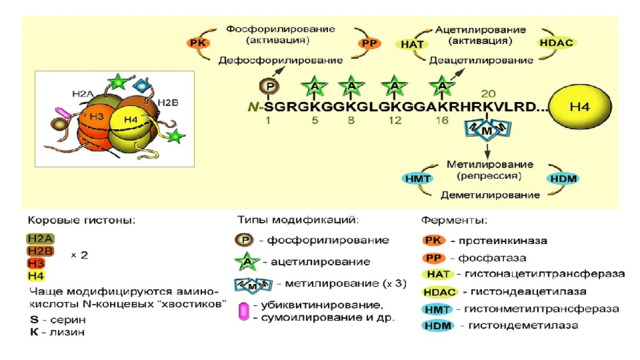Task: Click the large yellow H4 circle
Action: [580, 107]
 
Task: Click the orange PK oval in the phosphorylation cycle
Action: [198, 43]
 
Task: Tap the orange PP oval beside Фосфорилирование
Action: [369, 43]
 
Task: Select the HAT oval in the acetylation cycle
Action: [412, 44]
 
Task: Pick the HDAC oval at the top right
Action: [556, 42]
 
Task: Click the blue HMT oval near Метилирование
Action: [418, 178]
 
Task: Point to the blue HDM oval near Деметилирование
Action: [563, 178]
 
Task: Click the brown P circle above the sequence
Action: [269, 86]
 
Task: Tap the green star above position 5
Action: [314, 86]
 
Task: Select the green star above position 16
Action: [442, 86]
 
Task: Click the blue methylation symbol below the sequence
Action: [487, 130]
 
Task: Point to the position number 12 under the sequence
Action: [395, 120]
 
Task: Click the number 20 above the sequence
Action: [488, 94]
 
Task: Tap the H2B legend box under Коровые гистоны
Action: [40, 251]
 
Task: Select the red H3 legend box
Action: [36, 264]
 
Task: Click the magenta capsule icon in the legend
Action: [244, 311]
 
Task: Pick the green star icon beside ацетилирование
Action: [247, 262]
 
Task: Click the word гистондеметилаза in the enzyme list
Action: [523, 325]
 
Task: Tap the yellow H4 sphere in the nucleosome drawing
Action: [131, 120]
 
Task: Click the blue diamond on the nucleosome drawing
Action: [142, 86]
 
